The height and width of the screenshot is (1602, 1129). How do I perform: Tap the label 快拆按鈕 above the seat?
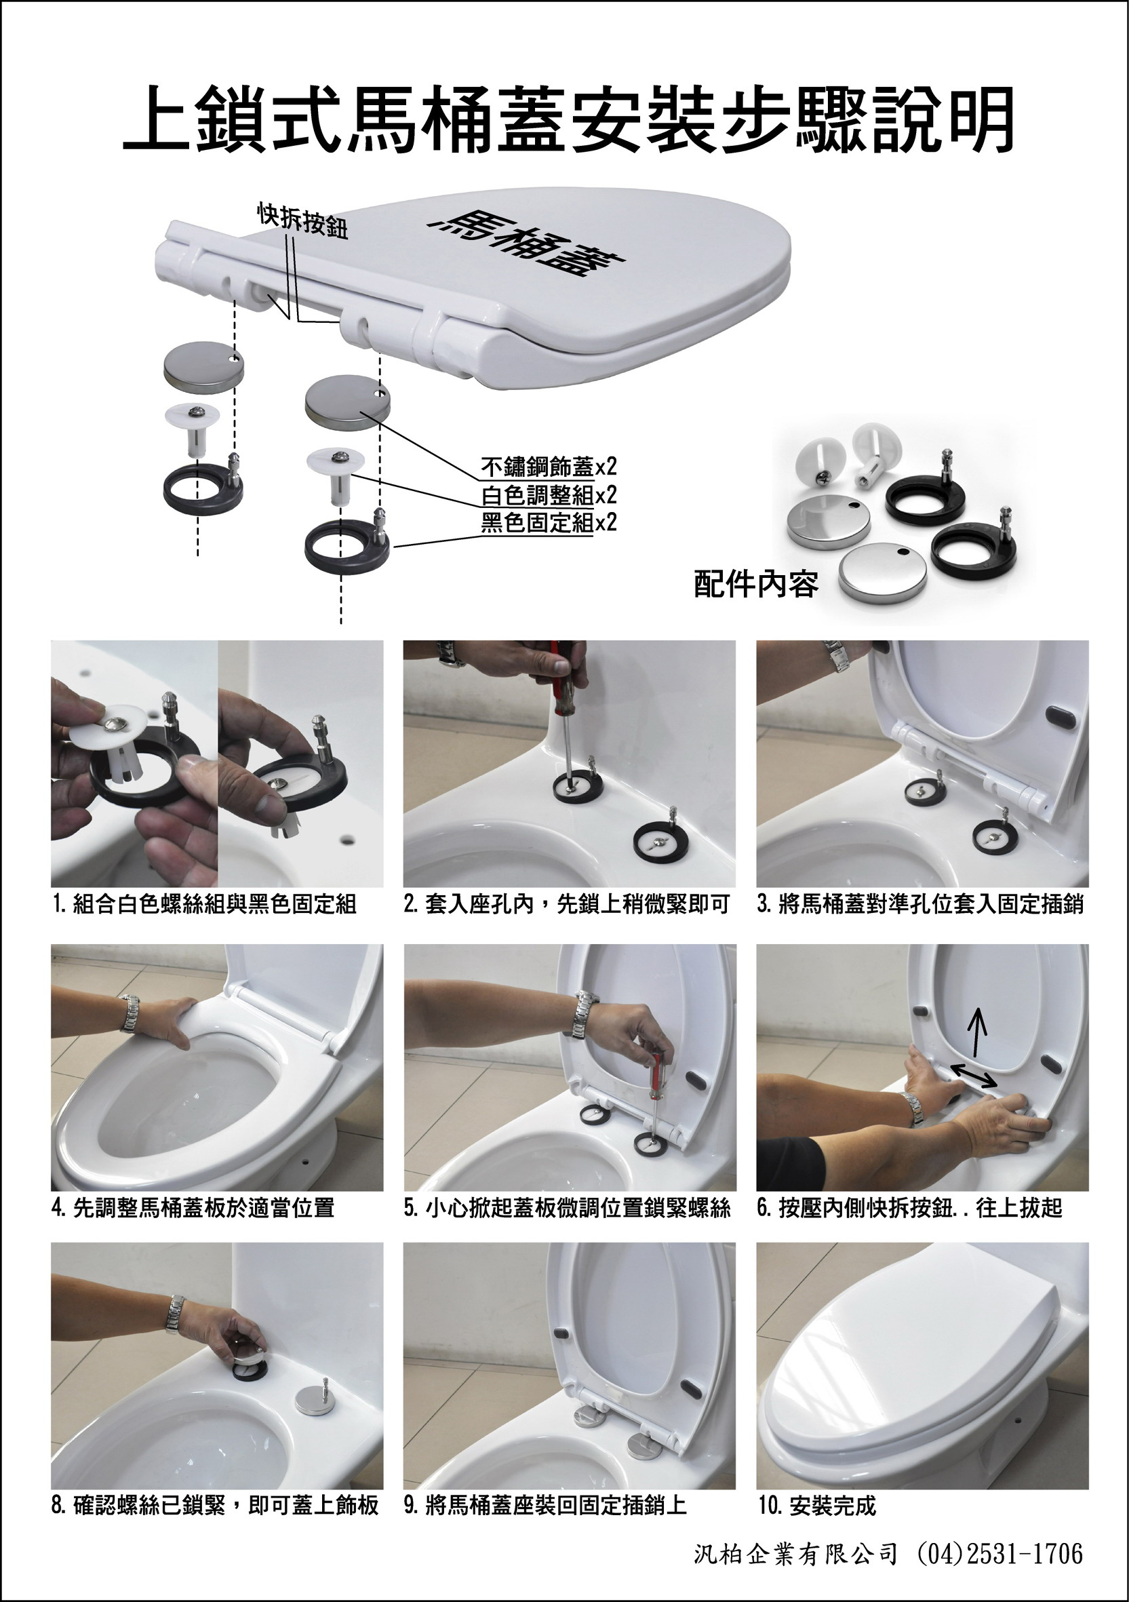(x=303, y=221)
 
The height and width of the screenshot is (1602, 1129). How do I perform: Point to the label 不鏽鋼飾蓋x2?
(x=549, y=466)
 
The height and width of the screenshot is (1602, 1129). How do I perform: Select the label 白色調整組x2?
(x=549, y=494)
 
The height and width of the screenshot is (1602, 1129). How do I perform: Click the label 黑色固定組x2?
(x=549, y=522)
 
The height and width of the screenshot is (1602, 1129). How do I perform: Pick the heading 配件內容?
(x=755, y=585)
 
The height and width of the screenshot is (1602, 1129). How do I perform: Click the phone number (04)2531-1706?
(x=999, y=1548)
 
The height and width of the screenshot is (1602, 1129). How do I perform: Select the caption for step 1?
(x=205, y=904)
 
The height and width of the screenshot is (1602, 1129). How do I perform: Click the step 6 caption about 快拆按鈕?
(x=909, y=1207)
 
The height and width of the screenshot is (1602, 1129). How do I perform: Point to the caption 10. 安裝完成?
(x=816, y=1506)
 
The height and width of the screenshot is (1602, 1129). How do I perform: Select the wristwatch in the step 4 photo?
(x=129, y=1014)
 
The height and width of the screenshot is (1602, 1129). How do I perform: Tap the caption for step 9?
(x=545, y=1506)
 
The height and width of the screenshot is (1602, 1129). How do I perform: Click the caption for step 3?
(x=920, y=904)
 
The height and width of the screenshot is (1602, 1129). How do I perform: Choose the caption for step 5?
(x=568, y=1207)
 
